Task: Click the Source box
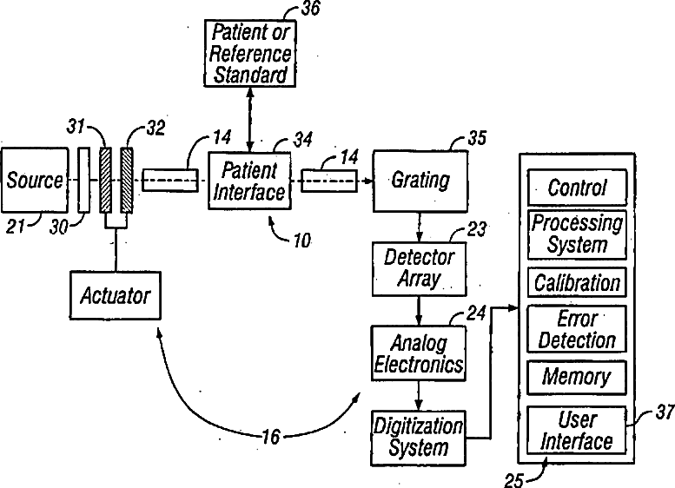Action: click(x=34, y=181)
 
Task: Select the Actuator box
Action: click(x=115, y=295)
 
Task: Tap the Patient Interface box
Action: click(x=249, y=180)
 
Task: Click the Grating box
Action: click(x=420, y=181)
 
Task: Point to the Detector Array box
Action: click(x=420, y=268)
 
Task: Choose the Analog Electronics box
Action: click(x=419, y=352)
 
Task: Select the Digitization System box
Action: click(x=419, y=436)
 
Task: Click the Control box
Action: click(x=577, y=188)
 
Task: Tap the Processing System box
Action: click(x=577, y=234)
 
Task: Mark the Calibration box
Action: click(x=577, y=283)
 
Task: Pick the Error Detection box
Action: click(x=577, y=329)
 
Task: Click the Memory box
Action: click(x=577, y=377)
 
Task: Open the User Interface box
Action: click(x=577, y=431)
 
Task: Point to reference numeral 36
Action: click(x=309, y=12)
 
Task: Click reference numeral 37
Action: click(x=664, y=413)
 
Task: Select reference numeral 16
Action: click(x=270, y=437)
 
